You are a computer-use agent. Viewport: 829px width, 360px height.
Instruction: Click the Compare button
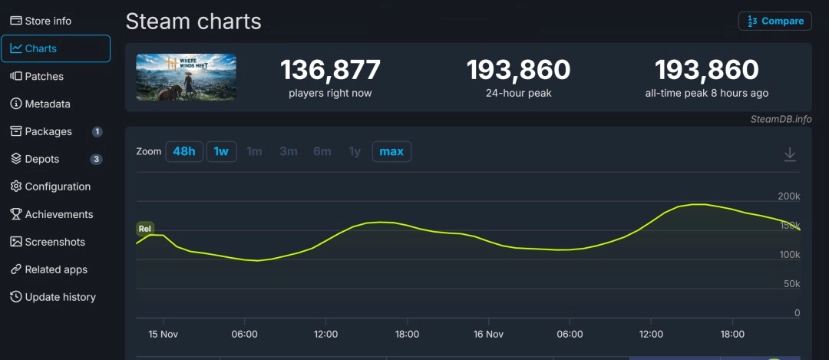tap(775, 21)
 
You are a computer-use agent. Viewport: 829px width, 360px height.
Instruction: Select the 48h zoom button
tap(184, 151)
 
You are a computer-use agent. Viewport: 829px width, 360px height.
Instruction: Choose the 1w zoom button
tap(221, 151)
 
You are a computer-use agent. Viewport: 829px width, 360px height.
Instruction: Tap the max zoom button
tap(391, 151)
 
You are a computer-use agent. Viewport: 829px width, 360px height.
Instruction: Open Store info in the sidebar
tap(48, 21)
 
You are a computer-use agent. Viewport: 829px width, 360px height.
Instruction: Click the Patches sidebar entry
tap(44, 76)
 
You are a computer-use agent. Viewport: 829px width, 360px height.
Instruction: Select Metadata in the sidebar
tap(47, 104)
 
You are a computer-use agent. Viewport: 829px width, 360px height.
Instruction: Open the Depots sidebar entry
tap(41, 159)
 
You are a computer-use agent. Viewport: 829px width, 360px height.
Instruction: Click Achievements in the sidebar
tap(58, 214)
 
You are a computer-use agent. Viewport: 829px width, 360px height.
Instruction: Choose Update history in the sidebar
tap(60, 297)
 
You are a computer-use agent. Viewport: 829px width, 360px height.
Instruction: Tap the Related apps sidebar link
tap(56, 269)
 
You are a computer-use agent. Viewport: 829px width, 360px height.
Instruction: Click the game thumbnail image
tap(187, 77)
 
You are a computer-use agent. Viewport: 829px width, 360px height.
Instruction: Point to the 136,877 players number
tap(330, 71)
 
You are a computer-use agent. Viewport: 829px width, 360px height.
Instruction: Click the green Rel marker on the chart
tap(145, 229)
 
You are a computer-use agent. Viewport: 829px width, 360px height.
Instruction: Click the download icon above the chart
tap(790, 154)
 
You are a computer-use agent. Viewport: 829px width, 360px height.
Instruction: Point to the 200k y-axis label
tap(789, 197)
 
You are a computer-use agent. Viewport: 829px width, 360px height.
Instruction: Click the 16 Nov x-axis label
tap(488, 334)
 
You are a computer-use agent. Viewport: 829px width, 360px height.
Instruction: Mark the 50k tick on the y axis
tap(791, 284)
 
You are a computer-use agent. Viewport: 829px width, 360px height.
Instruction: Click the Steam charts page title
tap(193, 21)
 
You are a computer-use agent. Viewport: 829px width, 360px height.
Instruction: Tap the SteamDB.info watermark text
tap(781, 119)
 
